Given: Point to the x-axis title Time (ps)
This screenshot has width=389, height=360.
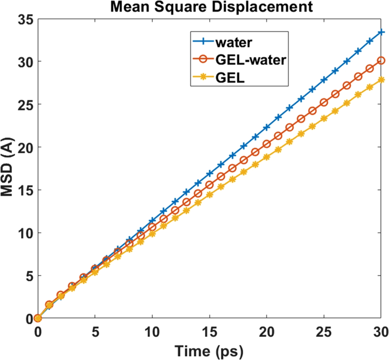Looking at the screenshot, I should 208,350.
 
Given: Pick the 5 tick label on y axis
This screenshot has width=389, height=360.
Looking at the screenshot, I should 28,276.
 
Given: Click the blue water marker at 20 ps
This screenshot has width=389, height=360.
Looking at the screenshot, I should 267,127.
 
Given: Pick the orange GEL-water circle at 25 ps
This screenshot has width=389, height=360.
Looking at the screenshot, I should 324,102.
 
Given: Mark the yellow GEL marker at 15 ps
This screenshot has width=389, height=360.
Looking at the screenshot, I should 209,195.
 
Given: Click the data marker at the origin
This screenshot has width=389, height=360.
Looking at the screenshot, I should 37,318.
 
